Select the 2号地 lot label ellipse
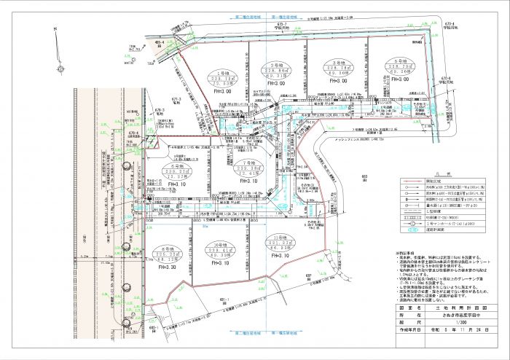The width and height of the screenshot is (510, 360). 276,70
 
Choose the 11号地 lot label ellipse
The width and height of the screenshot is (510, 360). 279,245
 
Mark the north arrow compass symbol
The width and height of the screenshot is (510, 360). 55,29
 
